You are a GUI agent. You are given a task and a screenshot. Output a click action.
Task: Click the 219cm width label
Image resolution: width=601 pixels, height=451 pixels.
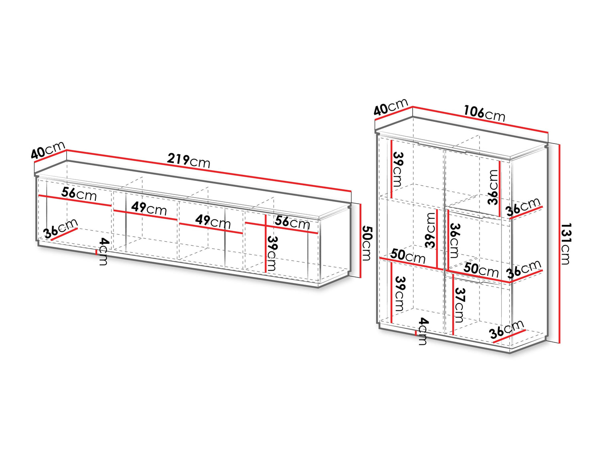click(x=188, y=161)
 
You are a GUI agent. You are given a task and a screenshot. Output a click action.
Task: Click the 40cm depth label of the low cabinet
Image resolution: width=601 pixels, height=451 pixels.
click(x=48, y=150)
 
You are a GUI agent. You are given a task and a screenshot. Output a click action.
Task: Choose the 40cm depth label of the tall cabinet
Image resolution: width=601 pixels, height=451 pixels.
click(x=391, y=107)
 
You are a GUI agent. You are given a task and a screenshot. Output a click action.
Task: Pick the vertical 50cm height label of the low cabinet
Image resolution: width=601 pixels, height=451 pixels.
click(x=366, y=243)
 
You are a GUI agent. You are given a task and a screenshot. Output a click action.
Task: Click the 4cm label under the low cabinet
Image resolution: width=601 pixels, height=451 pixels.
click(x=104, y=251)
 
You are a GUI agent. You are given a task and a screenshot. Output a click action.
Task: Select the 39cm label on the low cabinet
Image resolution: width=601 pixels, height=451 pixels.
click(x=272, y=253)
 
